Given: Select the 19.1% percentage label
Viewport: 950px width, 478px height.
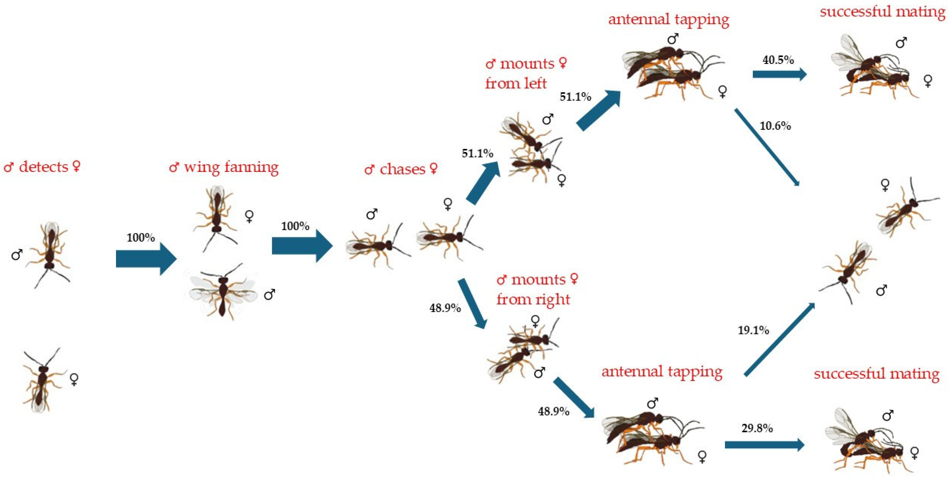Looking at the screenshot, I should pyautogui.click(x=753, y=330).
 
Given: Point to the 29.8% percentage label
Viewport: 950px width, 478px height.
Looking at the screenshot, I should pyautogui.click(x=757, y=428).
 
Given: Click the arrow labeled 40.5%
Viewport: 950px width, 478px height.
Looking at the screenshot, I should pyautogui.click(x=779, y=74).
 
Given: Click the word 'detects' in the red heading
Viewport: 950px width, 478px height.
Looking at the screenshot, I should pyautogui.click(x=44, y=167).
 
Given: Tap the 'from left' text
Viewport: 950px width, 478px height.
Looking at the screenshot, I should pyautogui.click(x=516, y=84).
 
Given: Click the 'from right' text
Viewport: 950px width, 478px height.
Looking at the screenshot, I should pyautogui.click(x=533, y=299).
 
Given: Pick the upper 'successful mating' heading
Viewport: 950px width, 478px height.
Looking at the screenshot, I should pyautogui.click(x=882, y=12).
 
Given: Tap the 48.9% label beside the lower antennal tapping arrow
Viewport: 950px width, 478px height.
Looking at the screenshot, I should pyautogui.click(x=553, y=411).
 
